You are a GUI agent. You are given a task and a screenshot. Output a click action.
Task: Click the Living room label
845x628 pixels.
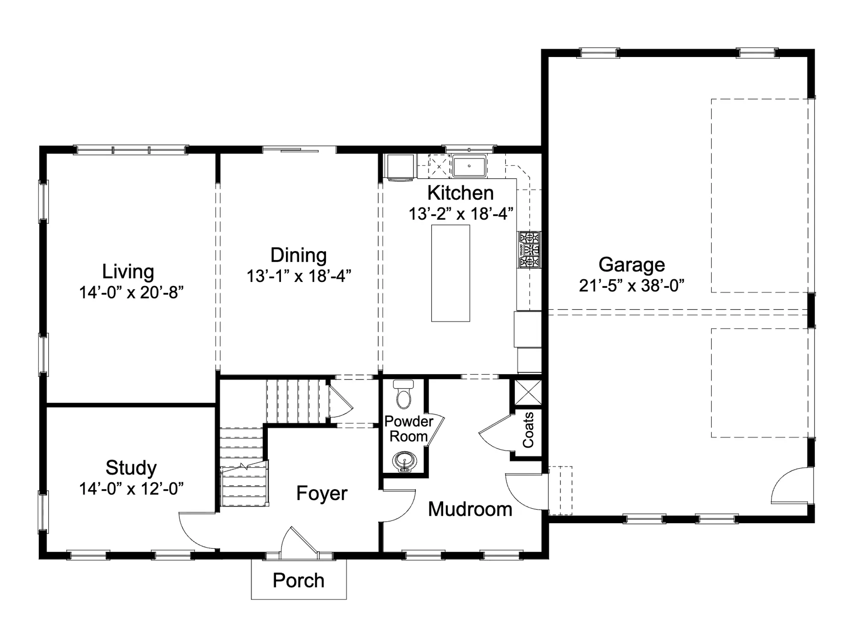click(x=128, y=272)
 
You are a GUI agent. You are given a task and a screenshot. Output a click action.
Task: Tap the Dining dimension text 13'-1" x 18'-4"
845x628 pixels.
click(x=299, y=276)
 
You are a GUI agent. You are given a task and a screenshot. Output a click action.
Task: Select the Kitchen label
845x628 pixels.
click(x=460, y=193)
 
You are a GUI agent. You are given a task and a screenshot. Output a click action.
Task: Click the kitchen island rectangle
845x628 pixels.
click(x=451, y=273)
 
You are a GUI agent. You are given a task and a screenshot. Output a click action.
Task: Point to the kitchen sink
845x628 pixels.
click(x=469, y=166)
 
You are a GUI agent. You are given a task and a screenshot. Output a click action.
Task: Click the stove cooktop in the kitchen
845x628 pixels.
click(x=530, y=250)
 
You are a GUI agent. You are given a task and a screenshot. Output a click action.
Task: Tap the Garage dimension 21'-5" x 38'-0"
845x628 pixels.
click(x=632, y=285)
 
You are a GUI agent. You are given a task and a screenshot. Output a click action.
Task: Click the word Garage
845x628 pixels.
click(x=632, y=265)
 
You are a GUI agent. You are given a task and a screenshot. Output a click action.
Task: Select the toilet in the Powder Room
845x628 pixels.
click(x=404, y=394)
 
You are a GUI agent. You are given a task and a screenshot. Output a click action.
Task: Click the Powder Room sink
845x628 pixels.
click(x=404, y=462)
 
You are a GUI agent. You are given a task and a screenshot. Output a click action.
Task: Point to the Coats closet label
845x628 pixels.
click(x=528, y=430)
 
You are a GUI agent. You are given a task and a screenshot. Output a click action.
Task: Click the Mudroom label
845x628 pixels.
click(x=470, y=509)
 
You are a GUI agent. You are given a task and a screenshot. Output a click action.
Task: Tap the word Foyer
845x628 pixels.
click(x=322, y=493)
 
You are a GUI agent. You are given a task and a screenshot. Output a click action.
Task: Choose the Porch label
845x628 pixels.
click(x=298, y=580)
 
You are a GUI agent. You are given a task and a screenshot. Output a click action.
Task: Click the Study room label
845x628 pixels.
click(x=131, y=468)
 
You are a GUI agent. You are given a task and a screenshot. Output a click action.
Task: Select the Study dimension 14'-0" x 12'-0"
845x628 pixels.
click(x=131, y=488)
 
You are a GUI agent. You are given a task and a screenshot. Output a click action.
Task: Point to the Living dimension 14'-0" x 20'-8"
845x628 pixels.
click(x=131, y=292)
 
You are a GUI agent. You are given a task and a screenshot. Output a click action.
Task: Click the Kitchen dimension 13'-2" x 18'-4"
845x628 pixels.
click(x=461, y=214)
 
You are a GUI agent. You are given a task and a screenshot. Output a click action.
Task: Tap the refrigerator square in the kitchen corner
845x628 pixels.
click(x=399, y=166)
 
